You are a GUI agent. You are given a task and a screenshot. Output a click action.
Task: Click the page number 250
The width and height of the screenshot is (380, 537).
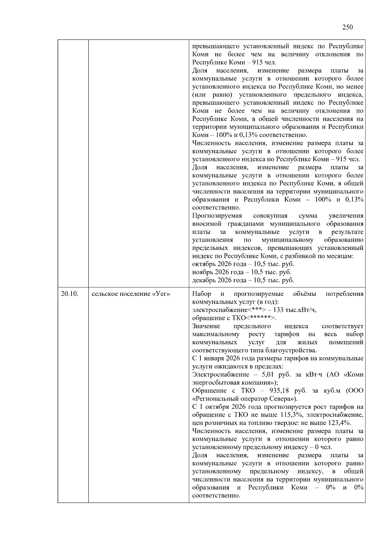coord(347,27)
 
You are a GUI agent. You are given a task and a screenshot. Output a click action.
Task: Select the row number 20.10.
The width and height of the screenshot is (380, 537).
coord(70,294)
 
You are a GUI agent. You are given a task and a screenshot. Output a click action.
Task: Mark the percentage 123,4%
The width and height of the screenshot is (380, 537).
coord(339,423)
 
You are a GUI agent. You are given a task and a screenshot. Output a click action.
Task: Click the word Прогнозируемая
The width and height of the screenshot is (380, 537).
coord(217,216)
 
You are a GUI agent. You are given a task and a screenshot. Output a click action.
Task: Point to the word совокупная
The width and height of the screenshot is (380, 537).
coord(270,216)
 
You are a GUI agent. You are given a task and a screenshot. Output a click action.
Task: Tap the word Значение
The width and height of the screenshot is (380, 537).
coord(206,326)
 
